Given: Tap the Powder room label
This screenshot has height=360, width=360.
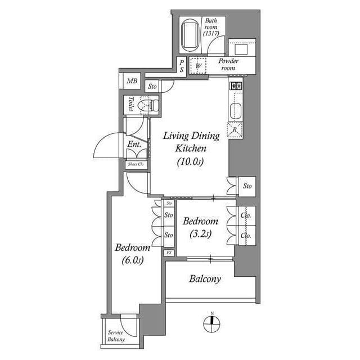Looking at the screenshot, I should [229, 64].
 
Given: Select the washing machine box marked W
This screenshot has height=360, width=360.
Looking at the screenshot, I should [199, 66].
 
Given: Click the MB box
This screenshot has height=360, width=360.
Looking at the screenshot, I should [132, 81].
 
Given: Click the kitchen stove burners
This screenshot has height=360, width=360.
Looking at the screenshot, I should [235, 86].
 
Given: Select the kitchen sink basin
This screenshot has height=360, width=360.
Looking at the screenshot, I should [235, 110].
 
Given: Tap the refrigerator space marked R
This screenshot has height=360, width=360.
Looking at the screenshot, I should [235, 130].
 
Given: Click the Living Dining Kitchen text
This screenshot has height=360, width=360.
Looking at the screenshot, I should [183, 142].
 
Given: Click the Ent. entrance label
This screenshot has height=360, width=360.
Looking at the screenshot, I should [134, 144].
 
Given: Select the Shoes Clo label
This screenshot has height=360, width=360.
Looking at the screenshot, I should [136, 164].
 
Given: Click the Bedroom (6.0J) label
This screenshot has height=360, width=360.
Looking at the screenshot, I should [132, 254].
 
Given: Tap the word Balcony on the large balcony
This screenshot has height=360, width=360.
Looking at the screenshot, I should [205, 279].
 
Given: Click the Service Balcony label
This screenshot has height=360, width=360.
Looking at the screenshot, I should [116, 336].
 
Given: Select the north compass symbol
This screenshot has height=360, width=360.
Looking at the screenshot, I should [212, 323].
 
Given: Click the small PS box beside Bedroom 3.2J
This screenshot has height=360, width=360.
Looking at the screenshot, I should [169, 253].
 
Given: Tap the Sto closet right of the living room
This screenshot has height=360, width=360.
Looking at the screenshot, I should [247, 186].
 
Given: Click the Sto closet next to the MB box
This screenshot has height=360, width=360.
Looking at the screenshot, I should [152, 87].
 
